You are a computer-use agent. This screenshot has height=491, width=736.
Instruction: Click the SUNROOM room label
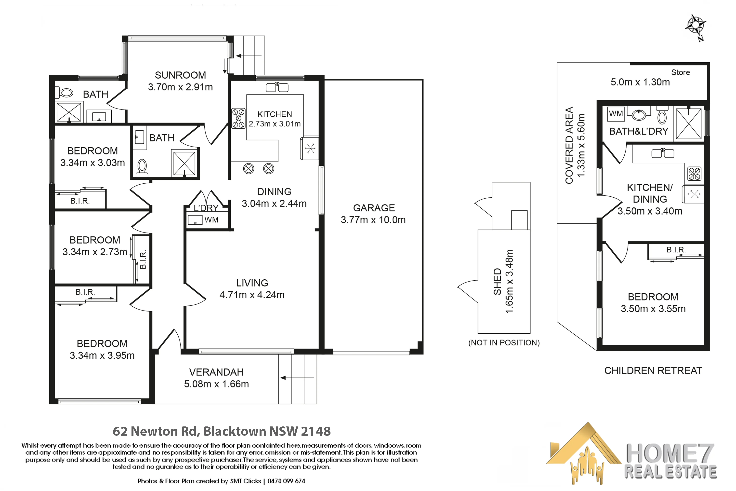pos(180,75)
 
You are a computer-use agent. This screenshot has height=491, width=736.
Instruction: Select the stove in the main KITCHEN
pos(238,118)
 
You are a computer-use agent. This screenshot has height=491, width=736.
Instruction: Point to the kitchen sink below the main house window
pos(277,87)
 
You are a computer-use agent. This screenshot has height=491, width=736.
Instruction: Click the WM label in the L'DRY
pos(211,220)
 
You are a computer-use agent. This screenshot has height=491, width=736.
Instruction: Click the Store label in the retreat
pos(680,72)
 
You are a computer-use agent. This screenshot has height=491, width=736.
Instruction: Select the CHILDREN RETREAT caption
pos(653,370)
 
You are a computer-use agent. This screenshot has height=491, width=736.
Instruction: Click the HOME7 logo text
pos(670,453)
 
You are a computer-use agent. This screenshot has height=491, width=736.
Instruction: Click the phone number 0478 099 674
pos(286,481)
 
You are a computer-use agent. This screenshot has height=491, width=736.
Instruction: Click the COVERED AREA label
pos(569,145)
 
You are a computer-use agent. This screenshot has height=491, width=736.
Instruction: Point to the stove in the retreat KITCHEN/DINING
pos(694,174)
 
